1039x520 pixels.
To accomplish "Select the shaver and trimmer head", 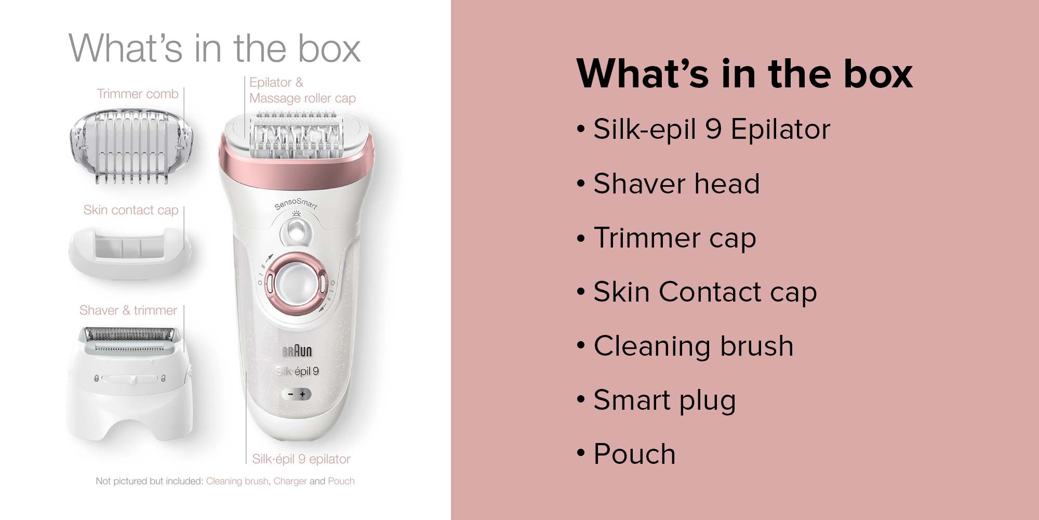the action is click(x=129, y=382).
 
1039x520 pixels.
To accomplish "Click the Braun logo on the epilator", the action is click(x=297, y=352).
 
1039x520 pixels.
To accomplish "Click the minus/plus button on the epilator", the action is click(x=297, y=394).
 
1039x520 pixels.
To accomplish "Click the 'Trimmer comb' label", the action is click(x=137, y=94).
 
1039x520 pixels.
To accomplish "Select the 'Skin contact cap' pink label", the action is click(x=131, y=210).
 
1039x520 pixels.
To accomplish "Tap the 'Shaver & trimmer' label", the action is click(x=128, y=310).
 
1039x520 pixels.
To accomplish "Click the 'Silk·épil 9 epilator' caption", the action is click(x=301, y=459).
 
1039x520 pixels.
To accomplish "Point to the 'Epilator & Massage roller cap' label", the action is click(x=302, y=90).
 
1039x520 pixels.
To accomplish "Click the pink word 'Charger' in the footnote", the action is click(x=290, y=482).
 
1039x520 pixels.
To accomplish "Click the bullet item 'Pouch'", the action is click(x=626, y=454).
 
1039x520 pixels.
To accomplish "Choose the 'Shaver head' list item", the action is click(x=668, y=184).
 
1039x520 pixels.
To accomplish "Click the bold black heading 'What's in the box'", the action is click(x=744, y=74).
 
